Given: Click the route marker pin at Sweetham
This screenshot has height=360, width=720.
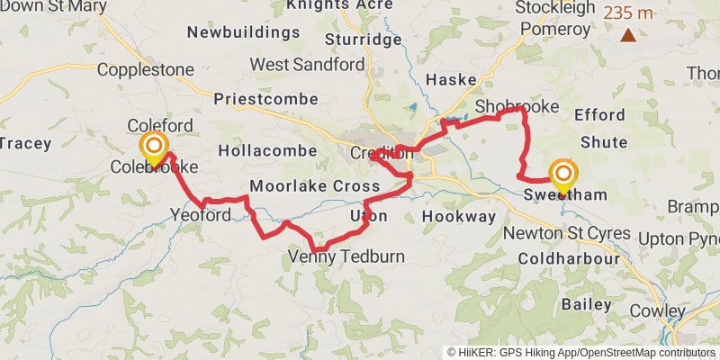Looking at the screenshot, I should pyautogui.click(x=563, y=175).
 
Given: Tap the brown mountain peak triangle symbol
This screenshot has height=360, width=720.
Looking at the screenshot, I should pyautogui.click(x=627, y=36).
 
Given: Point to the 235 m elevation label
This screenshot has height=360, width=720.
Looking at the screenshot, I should pyautogui.click(x=628, y=13).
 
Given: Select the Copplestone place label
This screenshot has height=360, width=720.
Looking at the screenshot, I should pyautogui.click(x=145, y=69).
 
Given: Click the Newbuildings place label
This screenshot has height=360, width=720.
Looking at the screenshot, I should pyautogui.click(x=243, y=33).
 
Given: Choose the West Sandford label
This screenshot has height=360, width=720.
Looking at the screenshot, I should pyautogui.click(x=308, y=65).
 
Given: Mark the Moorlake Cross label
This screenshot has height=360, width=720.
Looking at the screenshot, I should pyautogui.click(x=315, y=186).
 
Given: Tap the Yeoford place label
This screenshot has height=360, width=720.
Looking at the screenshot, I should pyautogui.click(x=201, y=214).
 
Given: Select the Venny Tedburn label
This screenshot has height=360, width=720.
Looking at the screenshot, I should pyautogui.click(x=346, y=257).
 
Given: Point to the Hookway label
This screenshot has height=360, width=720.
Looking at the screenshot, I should pyautogui.click(x=459, y=217).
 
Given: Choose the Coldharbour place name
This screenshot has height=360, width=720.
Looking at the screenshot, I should pyautogui.click(x=569, y=259).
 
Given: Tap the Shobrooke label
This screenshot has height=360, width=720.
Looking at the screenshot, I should pyautogui.click(x=517, y=107).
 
